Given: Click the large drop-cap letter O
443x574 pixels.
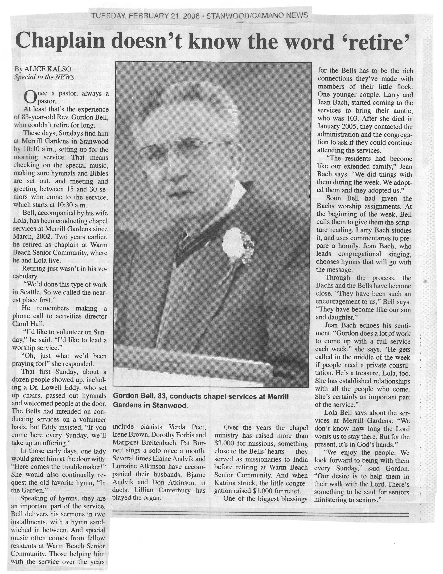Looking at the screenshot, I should click(29, 97).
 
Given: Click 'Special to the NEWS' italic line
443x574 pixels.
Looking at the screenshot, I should click(44, 77).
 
